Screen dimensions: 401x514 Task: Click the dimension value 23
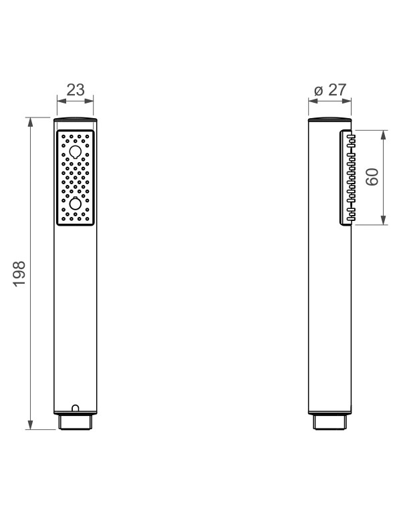point(76,89)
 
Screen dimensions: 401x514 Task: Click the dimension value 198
point(19,274)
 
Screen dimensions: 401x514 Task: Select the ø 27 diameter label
point(329,90)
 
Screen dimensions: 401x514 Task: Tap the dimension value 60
point(372,177)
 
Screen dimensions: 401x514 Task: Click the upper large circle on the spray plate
point(75,152)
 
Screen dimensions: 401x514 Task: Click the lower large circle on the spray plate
point(75,204)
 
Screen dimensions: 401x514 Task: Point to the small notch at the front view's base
point(75,408)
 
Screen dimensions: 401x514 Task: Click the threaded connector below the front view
point(75,422)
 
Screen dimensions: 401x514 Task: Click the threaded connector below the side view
point(329,422)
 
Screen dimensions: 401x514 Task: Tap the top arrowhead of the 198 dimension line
point(31,122)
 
